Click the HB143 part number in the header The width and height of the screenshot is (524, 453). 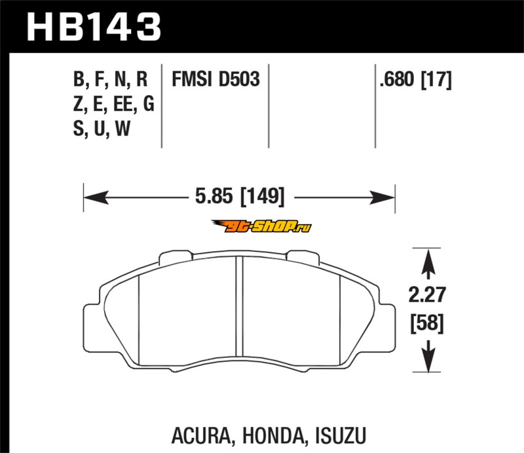point(94,27)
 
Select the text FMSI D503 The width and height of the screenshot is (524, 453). point(215,79)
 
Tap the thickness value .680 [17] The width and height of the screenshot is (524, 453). point(415,79)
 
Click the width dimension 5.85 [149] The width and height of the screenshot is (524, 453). point(240,197)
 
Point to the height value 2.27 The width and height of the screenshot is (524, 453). point(427,295)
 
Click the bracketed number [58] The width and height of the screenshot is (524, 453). point(427,323)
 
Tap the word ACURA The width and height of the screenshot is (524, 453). point(201,435)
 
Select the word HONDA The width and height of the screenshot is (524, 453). point(273,435)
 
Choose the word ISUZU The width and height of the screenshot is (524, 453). point(341,435)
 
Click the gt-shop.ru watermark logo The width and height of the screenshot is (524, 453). point(261,227)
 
